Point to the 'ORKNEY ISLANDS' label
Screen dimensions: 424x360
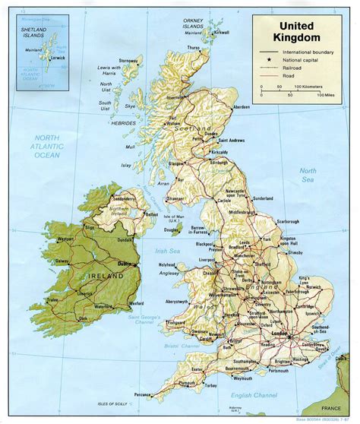click(x=194, y=18)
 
